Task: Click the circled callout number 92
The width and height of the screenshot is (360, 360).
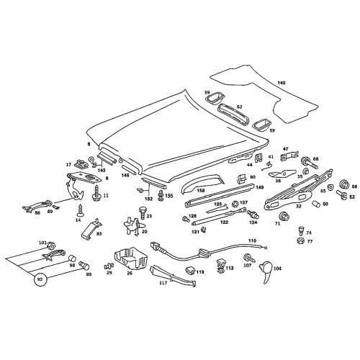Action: pos(40,279)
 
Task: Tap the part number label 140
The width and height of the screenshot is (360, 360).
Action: pos(282,83)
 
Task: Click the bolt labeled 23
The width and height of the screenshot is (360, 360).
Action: pos(142,212)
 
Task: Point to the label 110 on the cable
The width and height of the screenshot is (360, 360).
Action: pos(252,240)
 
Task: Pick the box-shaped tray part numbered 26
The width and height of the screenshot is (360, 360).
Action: pos(131,258)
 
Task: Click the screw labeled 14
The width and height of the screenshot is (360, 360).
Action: pos(79,210)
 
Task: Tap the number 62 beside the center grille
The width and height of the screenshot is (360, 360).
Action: pos(240,107)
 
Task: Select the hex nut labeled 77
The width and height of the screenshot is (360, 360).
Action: pos(300,240)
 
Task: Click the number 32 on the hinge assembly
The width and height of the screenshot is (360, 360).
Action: pos(298,206)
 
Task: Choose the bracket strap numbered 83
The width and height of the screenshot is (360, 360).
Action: pos(91,229)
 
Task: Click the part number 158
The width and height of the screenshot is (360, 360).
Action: pos(201,191)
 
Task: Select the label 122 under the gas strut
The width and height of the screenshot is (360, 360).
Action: pos(224,222)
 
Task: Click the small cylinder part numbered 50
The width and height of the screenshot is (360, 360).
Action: pos(317,204)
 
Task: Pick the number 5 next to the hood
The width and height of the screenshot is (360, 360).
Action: pos(89,144)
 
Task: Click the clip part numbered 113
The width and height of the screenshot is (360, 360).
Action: pos(221,266)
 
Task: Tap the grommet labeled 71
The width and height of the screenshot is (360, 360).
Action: pos(284,216)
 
